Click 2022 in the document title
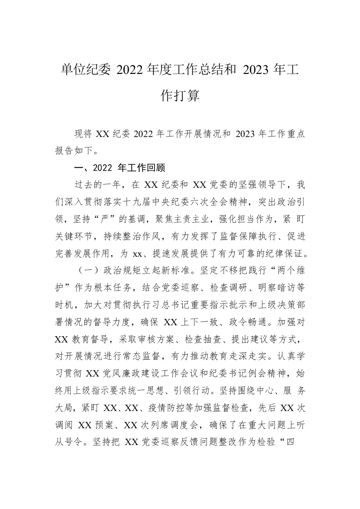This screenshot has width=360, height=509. (130, 71)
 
